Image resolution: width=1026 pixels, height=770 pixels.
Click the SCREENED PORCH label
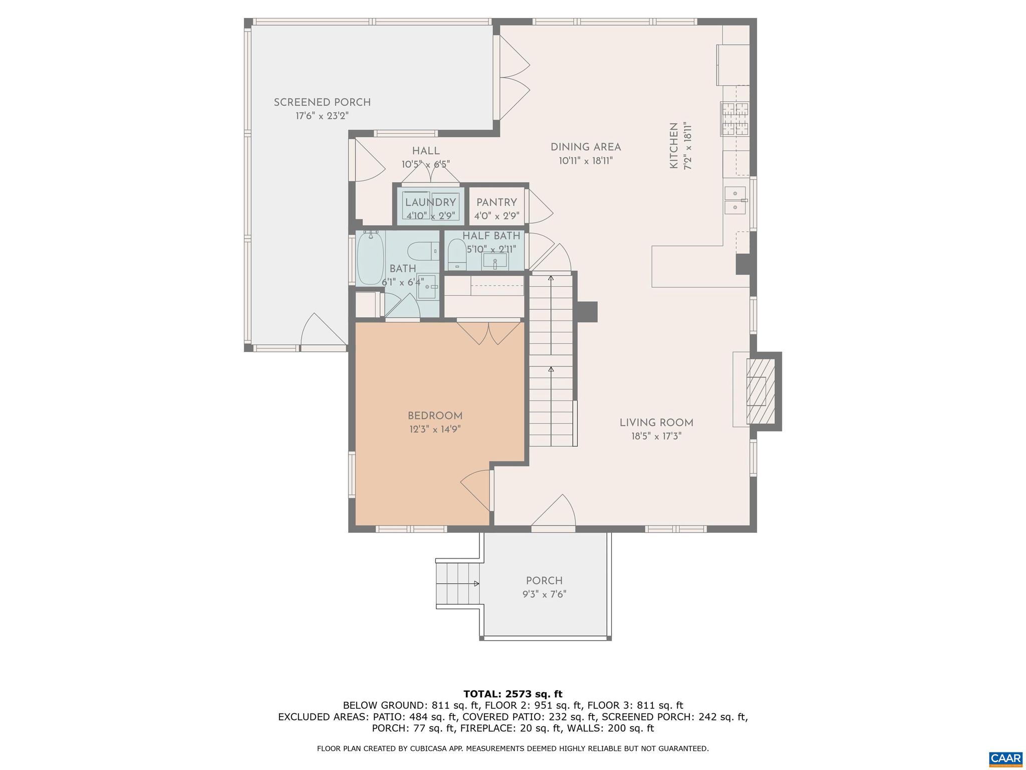click(x=322, y=102)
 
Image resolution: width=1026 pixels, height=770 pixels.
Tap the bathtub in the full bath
click(x=370, y=258)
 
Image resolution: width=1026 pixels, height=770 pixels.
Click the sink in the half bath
click(x=495, y=261)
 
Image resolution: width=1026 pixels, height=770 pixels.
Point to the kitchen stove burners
click(x=734, y=119)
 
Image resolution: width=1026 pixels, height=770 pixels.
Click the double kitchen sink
click(x=735, y=200)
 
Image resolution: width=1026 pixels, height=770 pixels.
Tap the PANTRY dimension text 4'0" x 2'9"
click(x=496, y=216)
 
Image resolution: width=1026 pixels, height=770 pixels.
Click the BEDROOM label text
click(x=435, y=416)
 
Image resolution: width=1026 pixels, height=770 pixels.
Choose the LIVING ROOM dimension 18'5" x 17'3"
click(x=656, y=436)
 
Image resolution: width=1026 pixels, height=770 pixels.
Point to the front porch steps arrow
click(x=475, y=584)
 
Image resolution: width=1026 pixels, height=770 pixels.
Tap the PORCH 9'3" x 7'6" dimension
click(x=544, y=595)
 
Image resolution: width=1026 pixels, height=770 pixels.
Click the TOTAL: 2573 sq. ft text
click(x=512, y=694)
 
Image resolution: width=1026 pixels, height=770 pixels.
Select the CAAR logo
click(x=1005, y=757)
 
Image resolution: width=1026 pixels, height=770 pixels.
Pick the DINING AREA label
click(x=586, y=147)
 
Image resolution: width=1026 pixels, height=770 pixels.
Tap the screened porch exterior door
click(x=323, y=331)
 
